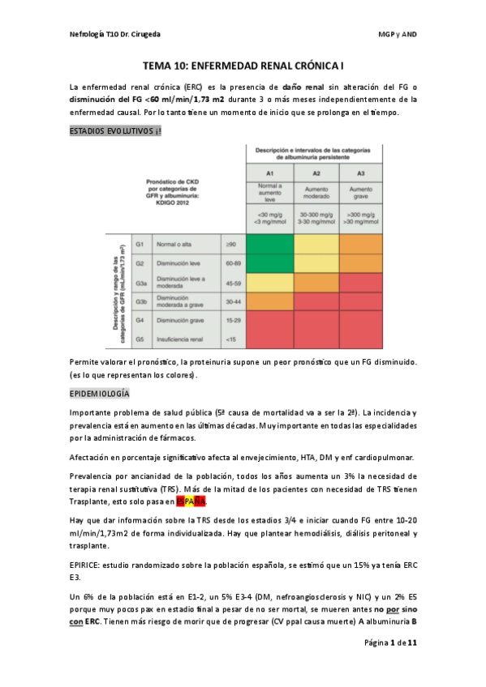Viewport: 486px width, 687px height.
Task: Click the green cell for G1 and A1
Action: coord(269,244)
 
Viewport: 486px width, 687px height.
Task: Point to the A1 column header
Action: coord(269,173)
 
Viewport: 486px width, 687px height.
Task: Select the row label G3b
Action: coord(140,301)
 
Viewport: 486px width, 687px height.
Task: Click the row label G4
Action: coord(140,320)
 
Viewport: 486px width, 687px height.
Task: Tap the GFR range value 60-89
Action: coord(232,263)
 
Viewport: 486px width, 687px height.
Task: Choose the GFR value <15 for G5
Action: coord(231,339)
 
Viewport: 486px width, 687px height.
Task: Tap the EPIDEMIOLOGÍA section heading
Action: coord(100,394)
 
